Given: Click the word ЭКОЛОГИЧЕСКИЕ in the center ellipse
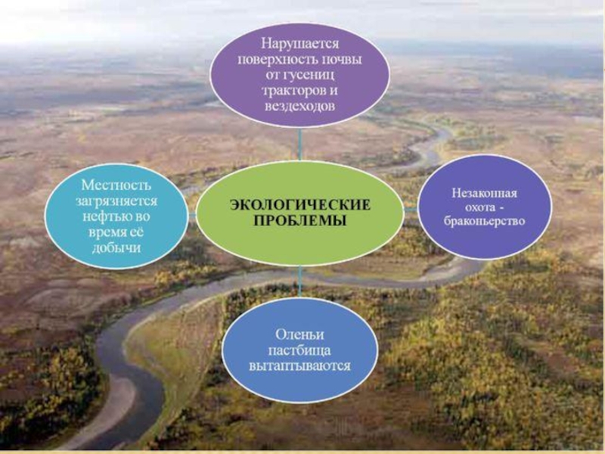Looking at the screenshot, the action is pos(300,204).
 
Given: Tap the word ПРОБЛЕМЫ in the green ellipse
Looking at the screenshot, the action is pos(299,220).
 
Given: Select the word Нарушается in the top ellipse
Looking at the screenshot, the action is pos(299,44).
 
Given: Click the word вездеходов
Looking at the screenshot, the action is pos(299,106).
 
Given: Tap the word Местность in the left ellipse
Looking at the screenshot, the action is pos(116,185).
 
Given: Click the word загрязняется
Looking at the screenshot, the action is pos(116,201).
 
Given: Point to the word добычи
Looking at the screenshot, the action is pos(116,247).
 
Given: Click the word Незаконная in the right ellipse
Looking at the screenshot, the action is pos(484,193).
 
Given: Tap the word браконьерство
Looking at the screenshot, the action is pos(484,221).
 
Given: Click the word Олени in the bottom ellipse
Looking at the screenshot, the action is pos(299,334).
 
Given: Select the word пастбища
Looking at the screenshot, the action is pos(299,350).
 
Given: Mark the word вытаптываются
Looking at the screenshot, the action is pos(299,365).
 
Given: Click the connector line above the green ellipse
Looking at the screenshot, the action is pos(299,144).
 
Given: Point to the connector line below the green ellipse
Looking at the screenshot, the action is pos(299,281).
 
